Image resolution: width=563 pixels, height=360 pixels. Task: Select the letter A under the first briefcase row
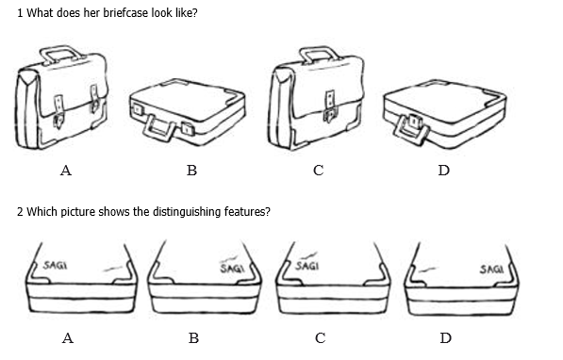click(x=66, y=171)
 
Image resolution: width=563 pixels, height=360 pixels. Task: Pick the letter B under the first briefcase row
click(x=191, y=171)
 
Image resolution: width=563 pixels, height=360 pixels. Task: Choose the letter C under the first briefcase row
click(x=319, y=171)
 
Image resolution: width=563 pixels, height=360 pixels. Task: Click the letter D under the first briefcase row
click(x=444, y=171)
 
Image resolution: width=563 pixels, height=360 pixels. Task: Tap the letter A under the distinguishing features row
click(x=68, y=337)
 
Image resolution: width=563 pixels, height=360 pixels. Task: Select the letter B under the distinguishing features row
click(x=193, y=337)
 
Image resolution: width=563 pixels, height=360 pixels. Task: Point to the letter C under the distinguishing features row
click(x=321, y=337)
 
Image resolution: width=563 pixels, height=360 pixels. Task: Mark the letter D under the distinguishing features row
click(x=445, y=337)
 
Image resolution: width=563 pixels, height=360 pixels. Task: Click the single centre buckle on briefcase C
click(x=330, y=106)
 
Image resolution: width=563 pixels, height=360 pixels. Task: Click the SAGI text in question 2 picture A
click(x=55, y=265)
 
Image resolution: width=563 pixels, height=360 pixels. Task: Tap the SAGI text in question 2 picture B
click(x=232, y=269)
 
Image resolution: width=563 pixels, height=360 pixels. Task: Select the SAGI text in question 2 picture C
click(x=307, y=266)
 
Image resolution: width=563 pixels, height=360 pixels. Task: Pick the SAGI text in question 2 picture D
click(x=491, y=270)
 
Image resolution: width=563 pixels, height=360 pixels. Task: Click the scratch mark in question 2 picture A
click(x=112, y=269)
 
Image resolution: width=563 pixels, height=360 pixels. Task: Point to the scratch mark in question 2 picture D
click(x=427, y=270)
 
